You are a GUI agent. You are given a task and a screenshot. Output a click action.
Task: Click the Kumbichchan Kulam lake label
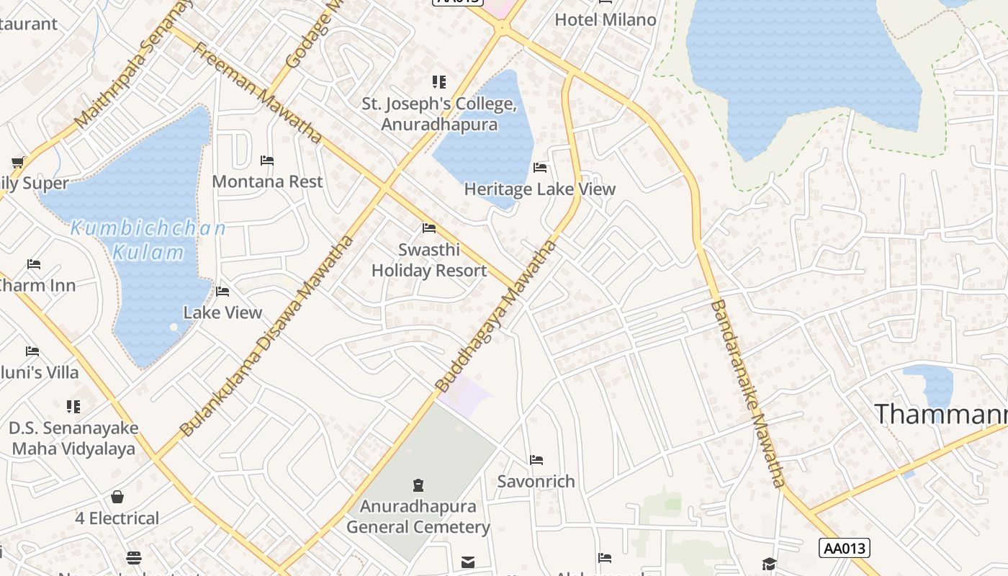(x=148, y=240)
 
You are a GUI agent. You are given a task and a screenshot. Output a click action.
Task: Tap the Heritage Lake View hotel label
(x=539, y=189)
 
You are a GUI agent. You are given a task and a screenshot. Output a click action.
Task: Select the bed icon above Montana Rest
(x=267, y=160)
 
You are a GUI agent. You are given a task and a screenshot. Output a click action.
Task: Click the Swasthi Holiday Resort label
(x=429, y=261)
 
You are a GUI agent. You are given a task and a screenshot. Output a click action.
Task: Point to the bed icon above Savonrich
(x=536, y=459)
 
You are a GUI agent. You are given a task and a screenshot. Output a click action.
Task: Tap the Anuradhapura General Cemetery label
(x=418, y=516)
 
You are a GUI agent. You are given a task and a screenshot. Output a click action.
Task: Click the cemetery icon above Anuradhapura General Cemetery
(x=418, y=485)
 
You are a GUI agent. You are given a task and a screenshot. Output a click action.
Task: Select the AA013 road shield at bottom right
(x=845, y=548)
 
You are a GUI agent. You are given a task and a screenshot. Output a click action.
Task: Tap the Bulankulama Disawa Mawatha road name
(x=267, y=336)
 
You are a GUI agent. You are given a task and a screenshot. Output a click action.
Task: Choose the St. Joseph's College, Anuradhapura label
(x=439, y=114)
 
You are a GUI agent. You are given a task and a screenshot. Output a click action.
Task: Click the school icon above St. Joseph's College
(x=439, y=82)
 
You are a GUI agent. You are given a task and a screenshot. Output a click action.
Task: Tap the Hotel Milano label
(x=606, y=19)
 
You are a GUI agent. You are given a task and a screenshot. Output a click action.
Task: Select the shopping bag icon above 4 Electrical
(x=117, y=497)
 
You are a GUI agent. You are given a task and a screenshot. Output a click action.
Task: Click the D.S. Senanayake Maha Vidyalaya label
(x=73, y=438)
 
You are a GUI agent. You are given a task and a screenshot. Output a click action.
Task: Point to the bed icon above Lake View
(x=222, y=292)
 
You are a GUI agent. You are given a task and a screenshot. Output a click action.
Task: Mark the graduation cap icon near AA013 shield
(x=770, y=563)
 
